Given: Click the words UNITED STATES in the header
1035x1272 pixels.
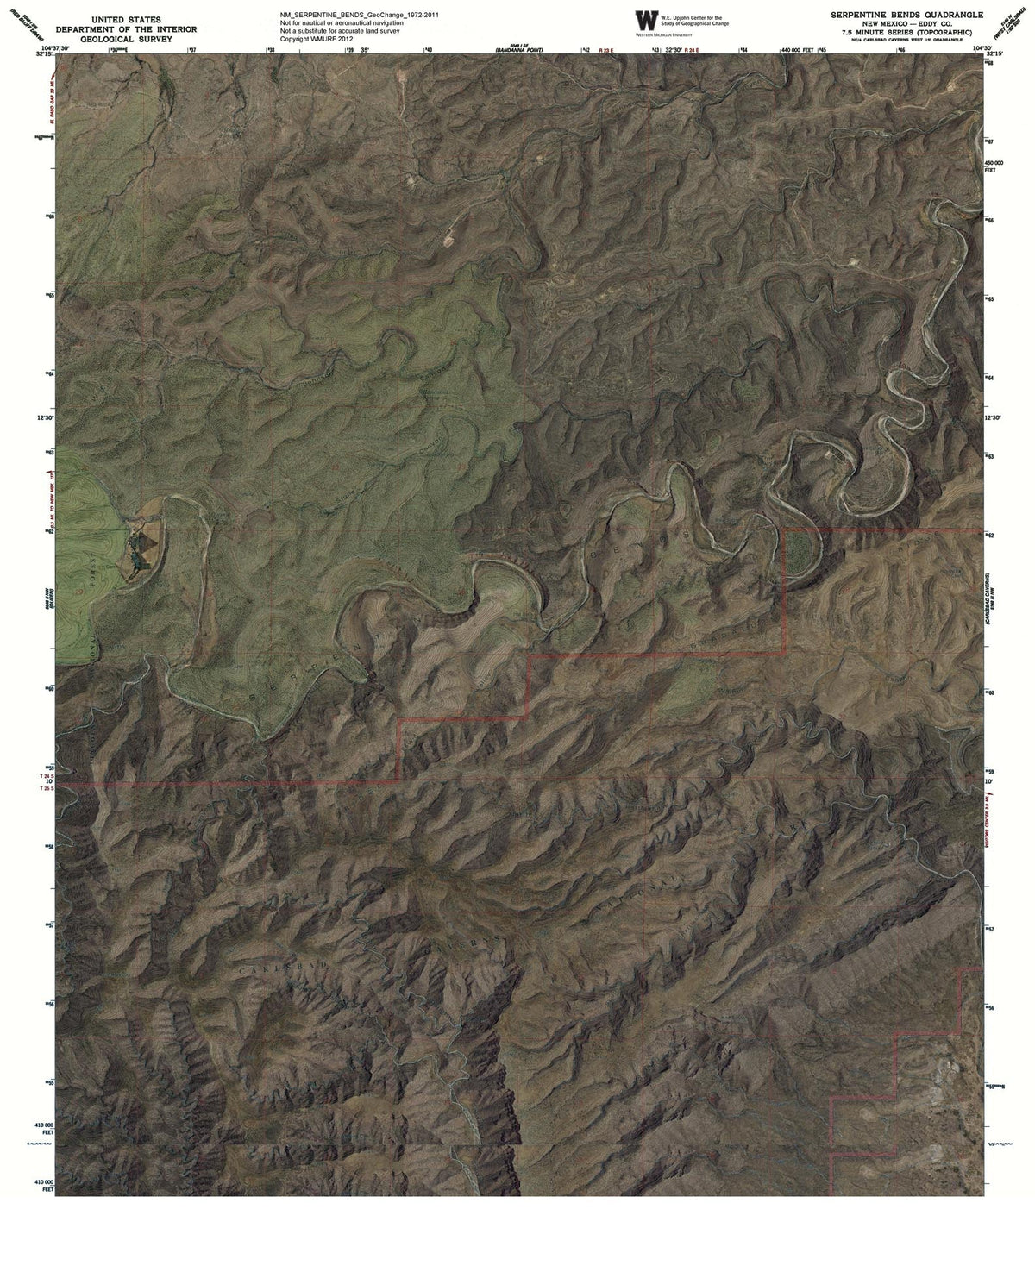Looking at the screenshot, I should click(x=127, y=18).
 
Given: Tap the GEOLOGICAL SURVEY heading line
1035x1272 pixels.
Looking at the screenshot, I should click(x=127, y=39).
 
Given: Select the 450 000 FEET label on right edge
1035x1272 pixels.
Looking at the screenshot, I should click(x=994, y=166).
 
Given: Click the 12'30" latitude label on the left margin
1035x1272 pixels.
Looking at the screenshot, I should click(x=44, y=417).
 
